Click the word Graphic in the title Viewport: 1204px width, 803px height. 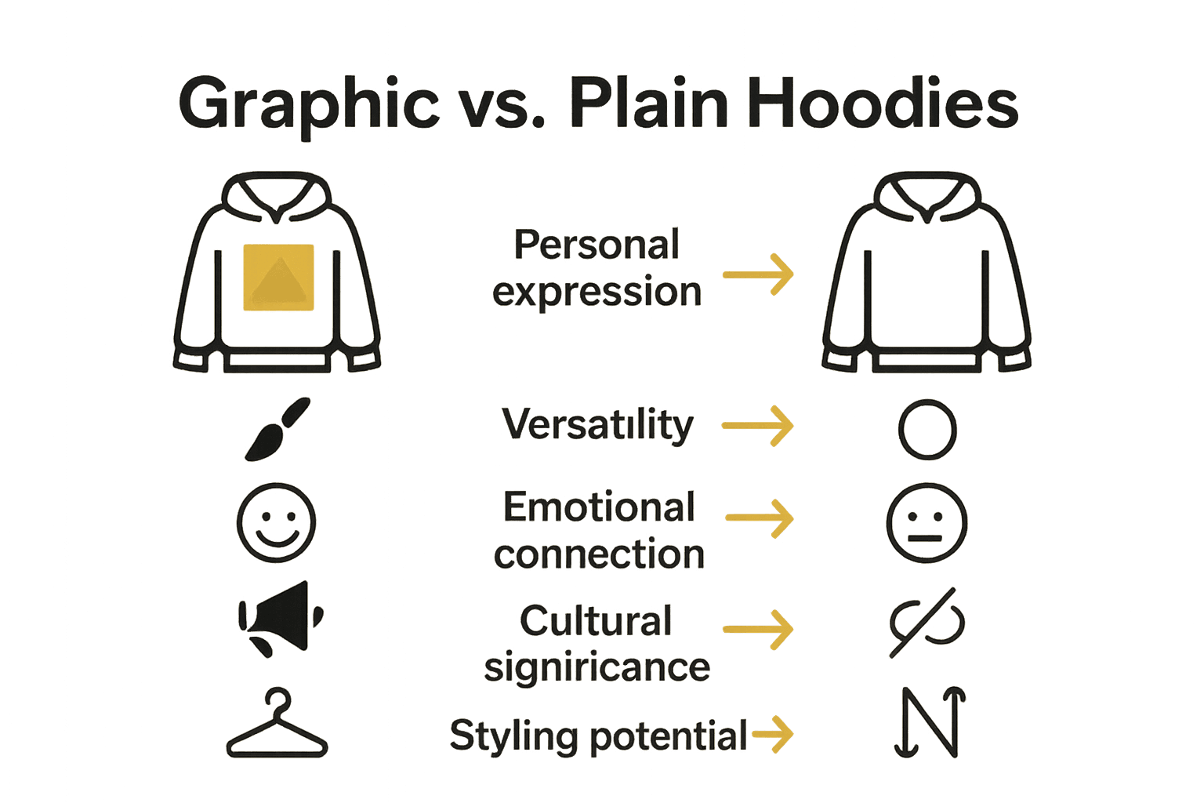click(309, 104)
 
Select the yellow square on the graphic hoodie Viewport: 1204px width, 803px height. click(278, 278)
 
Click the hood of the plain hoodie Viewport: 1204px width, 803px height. click(927, 196)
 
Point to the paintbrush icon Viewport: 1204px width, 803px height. click(277, 429)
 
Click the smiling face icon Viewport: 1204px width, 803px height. click(276, 522)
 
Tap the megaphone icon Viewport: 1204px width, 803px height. click(279, 619)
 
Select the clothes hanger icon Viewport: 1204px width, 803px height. click(277, 725)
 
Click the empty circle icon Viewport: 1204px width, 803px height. click(927, 430)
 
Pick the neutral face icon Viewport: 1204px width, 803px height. click(927, 522)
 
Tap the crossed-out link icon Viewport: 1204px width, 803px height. click(927, 623)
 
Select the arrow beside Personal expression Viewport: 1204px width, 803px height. click(758, 274)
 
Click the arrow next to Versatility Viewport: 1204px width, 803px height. click(757, 426)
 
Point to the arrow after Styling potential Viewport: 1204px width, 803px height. click(773, 735)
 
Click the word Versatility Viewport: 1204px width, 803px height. click(597, 425)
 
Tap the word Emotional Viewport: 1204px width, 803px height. click(599, 507)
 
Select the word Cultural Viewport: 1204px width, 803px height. click(596, 621)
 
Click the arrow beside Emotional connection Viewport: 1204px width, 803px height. click(760, 518)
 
